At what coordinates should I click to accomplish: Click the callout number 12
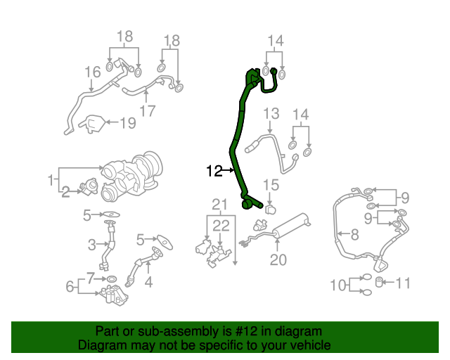214,170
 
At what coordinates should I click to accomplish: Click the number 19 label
127,124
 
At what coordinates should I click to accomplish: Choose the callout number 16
93,72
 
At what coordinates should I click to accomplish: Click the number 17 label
147,111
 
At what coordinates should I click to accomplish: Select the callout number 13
271,114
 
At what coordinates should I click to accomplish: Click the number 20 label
278,260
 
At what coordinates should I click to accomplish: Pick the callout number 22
221,226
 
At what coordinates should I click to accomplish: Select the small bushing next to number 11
380,283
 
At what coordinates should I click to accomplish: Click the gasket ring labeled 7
113,279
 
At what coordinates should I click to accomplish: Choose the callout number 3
91,245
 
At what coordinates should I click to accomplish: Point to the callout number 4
148,283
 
